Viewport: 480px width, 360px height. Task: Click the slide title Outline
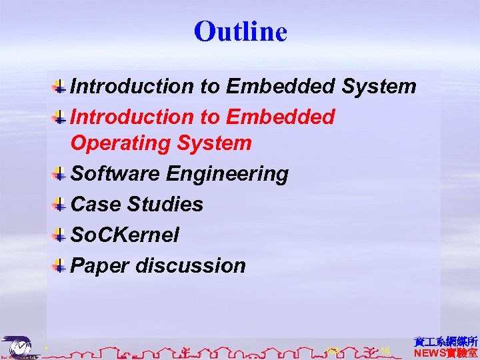(240, 31)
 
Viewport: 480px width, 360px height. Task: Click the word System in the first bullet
(379, 86)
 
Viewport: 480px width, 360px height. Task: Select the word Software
(115, 173)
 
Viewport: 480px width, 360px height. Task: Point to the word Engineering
(227, 173)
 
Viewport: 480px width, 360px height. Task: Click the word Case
(93, 204)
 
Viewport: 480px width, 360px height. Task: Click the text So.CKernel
(125, 235)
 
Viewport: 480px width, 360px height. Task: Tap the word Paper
(101, 265)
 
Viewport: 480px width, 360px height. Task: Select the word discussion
(191, 265)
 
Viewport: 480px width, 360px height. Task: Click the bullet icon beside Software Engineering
(59, 175)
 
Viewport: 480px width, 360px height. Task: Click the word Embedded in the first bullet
(281, 86)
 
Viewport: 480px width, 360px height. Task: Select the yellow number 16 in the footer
(385, 351)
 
